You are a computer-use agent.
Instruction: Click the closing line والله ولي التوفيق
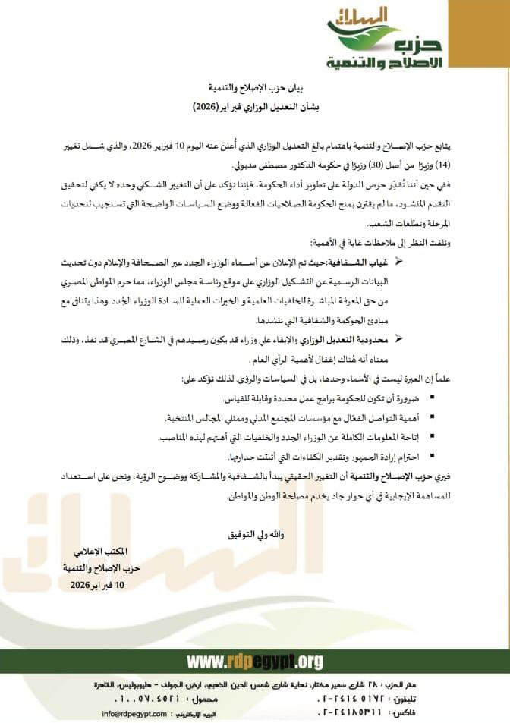[250, 535]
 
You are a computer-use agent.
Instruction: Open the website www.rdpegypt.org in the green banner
[254, 662]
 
